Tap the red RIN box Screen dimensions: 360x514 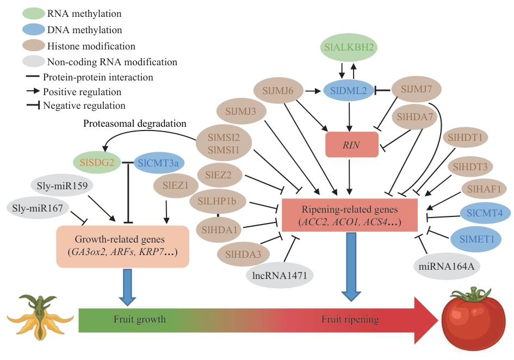(351, 145)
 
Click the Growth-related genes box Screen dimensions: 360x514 (123, 246)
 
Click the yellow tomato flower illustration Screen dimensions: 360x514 (39, 321)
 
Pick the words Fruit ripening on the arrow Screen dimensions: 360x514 (350, 319)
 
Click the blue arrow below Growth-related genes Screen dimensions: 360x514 (127, 286)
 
